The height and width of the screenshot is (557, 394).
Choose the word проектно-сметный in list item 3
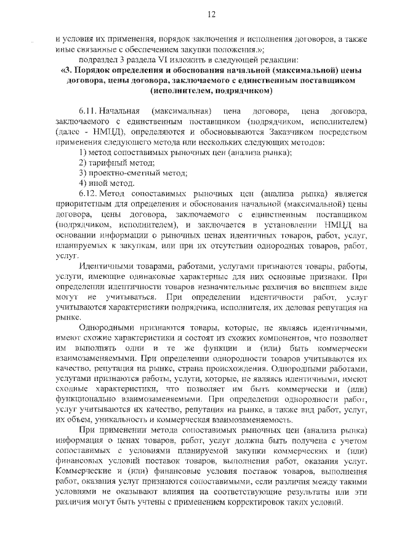click(122, 172)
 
